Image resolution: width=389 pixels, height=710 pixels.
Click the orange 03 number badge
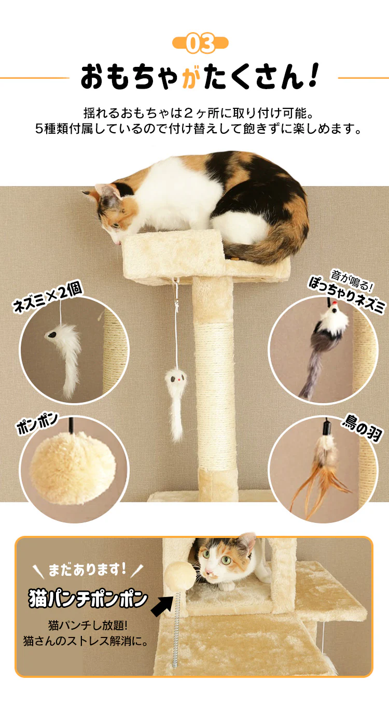tap(200, 43)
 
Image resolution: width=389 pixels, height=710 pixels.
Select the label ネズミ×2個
tap(48, 297)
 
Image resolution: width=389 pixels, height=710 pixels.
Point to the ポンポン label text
tap(37, 423)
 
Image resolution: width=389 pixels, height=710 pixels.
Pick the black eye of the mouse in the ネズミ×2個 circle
tap(51, 334)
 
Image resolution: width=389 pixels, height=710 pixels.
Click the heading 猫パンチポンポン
tap(88, 599)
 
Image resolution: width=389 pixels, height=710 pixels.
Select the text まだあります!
tap(87, 569)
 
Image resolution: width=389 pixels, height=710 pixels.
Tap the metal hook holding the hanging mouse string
tap(175, 282)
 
